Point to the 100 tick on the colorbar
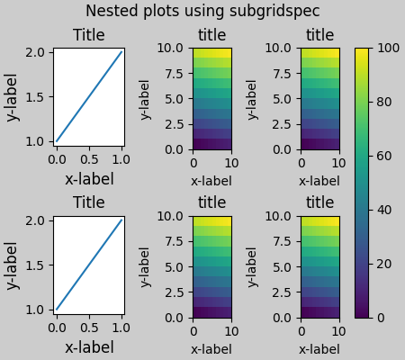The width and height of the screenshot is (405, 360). tap(388, 48)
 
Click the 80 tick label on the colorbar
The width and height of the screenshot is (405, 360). tap(384, 102)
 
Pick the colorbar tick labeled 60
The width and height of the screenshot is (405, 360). tap(384, 156)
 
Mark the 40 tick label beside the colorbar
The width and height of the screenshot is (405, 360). tap(384, 210)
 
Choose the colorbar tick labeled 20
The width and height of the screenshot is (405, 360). tap(384, 264)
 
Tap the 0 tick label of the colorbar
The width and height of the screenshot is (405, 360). tap(381, 318)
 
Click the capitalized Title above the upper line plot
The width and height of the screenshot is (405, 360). tap(88, 35)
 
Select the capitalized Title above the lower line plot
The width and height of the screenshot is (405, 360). tap(88, 203)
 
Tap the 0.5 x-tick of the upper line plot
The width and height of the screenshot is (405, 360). tap(89, 159)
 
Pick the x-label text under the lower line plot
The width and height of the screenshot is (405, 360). tap(88, 347)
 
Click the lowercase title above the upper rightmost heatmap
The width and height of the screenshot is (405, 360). tap(319, 35)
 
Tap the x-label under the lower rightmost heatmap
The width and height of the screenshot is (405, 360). tap(319, 349)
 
